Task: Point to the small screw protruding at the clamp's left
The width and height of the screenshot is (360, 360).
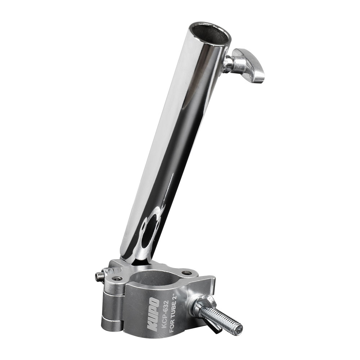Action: pyautogui.click(x=99, y=276)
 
